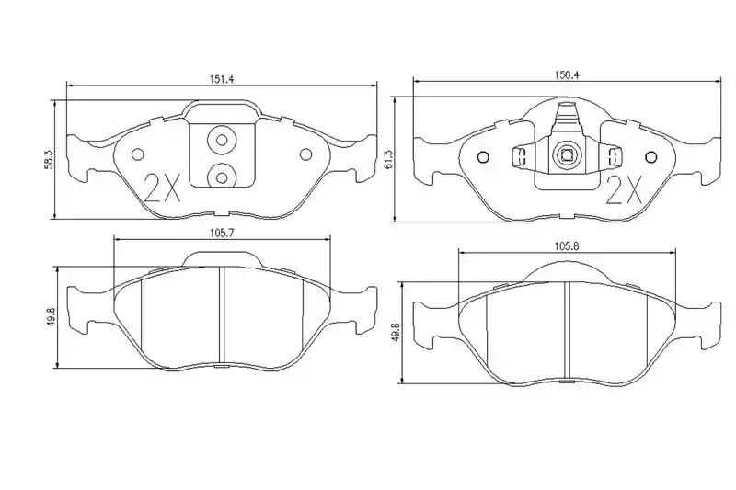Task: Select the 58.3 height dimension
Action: [x=50, y=158]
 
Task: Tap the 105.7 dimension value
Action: [x=223, y=233]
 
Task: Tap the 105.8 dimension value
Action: [x=566, y=245]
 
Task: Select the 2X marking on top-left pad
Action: [x=162, y=188]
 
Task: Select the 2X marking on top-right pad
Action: [x=624, y=190]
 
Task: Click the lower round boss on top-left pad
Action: [x=223, y=177]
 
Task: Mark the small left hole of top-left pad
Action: [x=137, y=154]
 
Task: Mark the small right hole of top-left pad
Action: [x=305, y=154]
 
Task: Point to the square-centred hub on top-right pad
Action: [x=566, y=154]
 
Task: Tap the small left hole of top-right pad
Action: [x=483, y=157]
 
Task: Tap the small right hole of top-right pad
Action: [x=650, y=157]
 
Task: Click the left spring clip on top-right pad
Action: [x=518, y=156]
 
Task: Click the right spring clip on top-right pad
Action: [x=614, y=156]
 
